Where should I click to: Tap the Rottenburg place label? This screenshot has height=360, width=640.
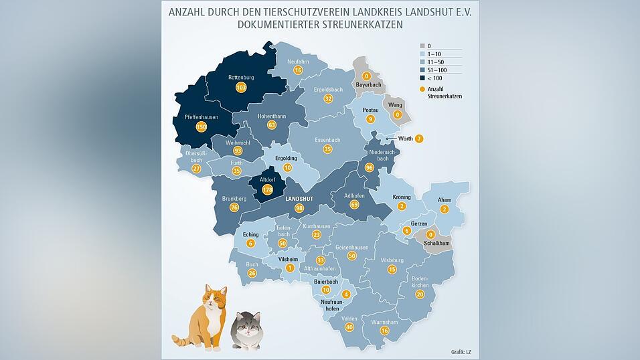tap(241, 78)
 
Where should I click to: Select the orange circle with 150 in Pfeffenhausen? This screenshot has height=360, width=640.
tap(201, 127)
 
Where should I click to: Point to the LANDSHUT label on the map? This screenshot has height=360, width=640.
tap(299, 199)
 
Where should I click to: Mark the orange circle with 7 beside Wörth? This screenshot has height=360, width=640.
tap(419, 139)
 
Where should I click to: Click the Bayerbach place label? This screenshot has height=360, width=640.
tap(368, 85)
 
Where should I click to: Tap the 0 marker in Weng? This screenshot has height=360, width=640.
tap(397, 114)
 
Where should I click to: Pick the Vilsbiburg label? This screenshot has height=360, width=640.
tap(392, 260)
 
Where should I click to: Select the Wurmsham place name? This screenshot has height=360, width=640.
tap(384, 322)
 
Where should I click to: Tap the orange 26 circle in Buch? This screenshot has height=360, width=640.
tap(252, 273)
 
